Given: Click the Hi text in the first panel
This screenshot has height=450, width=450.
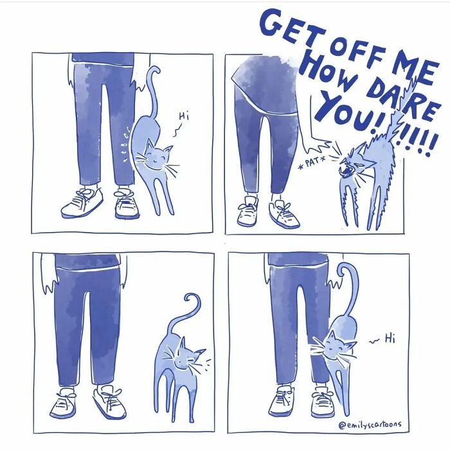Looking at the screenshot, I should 184,116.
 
